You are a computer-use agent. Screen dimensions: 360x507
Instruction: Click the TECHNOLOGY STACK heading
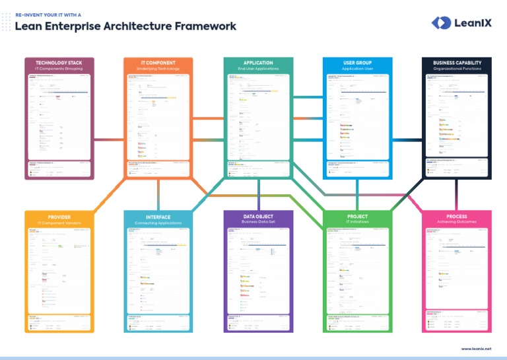(59, 63)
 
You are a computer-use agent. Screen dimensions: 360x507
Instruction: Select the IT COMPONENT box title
(158, 63)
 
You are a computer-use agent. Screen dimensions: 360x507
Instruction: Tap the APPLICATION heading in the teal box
(258, 63)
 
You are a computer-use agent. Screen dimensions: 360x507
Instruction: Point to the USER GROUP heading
(357, 63)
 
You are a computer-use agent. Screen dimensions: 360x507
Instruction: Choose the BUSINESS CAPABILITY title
(457, 63)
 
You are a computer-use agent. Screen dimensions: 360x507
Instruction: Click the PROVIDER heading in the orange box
(59, 217)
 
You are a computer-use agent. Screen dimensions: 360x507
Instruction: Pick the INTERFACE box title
(158, 217)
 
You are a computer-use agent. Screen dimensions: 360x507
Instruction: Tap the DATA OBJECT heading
(258, 217)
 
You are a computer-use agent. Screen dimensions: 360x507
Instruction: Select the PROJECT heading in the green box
(357, 217)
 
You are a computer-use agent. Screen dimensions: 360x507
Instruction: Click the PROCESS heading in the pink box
(457, 217)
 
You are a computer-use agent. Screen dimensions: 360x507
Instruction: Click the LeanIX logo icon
(440, 23)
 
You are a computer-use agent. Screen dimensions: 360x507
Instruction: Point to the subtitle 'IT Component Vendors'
(59, 223)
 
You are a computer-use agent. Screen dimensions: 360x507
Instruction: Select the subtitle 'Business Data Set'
(258, 223)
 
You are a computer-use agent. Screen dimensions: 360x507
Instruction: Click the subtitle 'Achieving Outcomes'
(457, 223)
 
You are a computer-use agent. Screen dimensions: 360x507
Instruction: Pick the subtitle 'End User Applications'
(258, 69)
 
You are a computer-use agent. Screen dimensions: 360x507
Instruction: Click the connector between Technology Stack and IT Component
(108, 139)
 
